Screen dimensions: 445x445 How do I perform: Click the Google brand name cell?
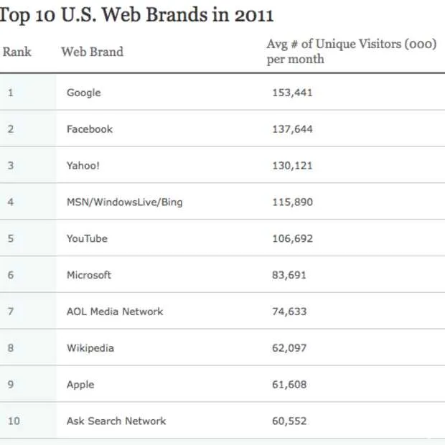point(83,93)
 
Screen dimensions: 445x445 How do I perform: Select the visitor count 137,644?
point(292,129)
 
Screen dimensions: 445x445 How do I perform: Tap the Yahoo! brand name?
point(83,166)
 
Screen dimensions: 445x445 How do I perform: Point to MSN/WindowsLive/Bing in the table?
point(124,202)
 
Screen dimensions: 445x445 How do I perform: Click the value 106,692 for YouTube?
point(292,238)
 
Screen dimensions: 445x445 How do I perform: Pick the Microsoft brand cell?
point(89,275)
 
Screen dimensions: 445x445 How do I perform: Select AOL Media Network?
point(115,311)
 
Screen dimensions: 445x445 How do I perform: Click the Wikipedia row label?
point(90,348)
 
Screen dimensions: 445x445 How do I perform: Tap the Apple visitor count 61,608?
point(289,385)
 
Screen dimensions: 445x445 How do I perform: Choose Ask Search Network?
point(116,421)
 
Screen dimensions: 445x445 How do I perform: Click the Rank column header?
point(17,52)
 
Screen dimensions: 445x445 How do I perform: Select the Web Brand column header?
point(92,52)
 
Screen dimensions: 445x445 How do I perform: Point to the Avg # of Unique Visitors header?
point(351,51)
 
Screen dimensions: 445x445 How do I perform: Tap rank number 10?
point(14,421)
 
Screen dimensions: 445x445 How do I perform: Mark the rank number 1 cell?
point(10,93)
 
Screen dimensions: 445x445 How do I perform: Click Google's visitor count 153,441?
point(292,93)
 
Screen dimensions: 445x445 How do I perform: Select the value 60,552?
point(289,421)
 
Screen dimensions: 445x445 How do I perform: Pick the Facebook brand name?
point(90,129)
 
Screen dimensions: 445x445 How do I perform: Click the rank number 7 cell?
point(11,311)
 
